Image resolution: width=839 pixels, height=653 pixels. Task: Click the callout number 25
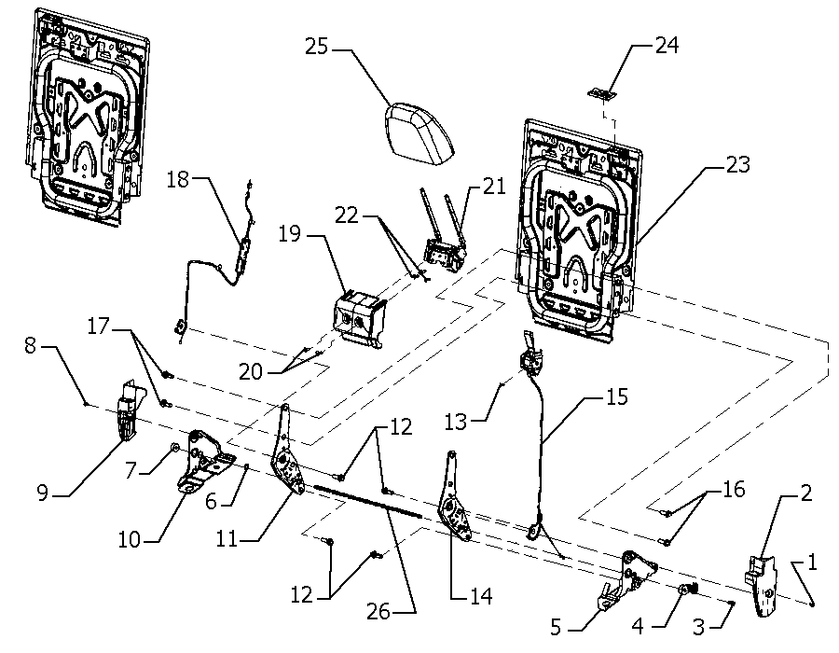pos(316,47)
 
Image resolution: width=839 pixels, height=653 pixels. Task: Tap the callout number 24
pos(667,45)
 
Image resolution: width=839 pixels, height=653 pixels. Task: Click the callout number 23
pos(738,164)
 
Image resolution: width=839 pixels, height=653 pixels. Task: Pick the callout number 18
pos(178,179)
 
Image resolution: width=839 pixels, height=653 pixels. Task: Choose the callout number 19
pos(290,234)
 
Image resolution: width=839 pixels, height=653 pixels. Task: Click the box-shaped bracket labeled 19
pos(360,318)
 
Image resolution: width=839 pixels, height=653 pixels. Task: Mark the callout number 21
pos(494,187)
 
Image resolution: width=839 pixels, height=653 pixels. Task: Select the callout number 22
pos(346,215)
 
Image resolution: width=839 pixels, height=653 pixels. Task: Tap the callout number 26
pos(378,611)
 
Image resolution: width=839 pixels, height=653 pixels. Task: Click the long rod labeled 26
pos(367,501)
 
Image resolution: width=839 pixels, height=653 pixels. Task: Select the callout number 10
pos(129,539)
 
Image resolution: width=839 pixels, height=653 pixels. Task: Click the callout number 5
pos(556,627)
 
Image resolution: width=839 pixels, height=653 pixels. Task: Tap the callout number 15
pos(617,396)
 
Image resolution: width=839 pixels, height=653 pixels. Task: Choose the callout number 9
pos(43,492)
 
